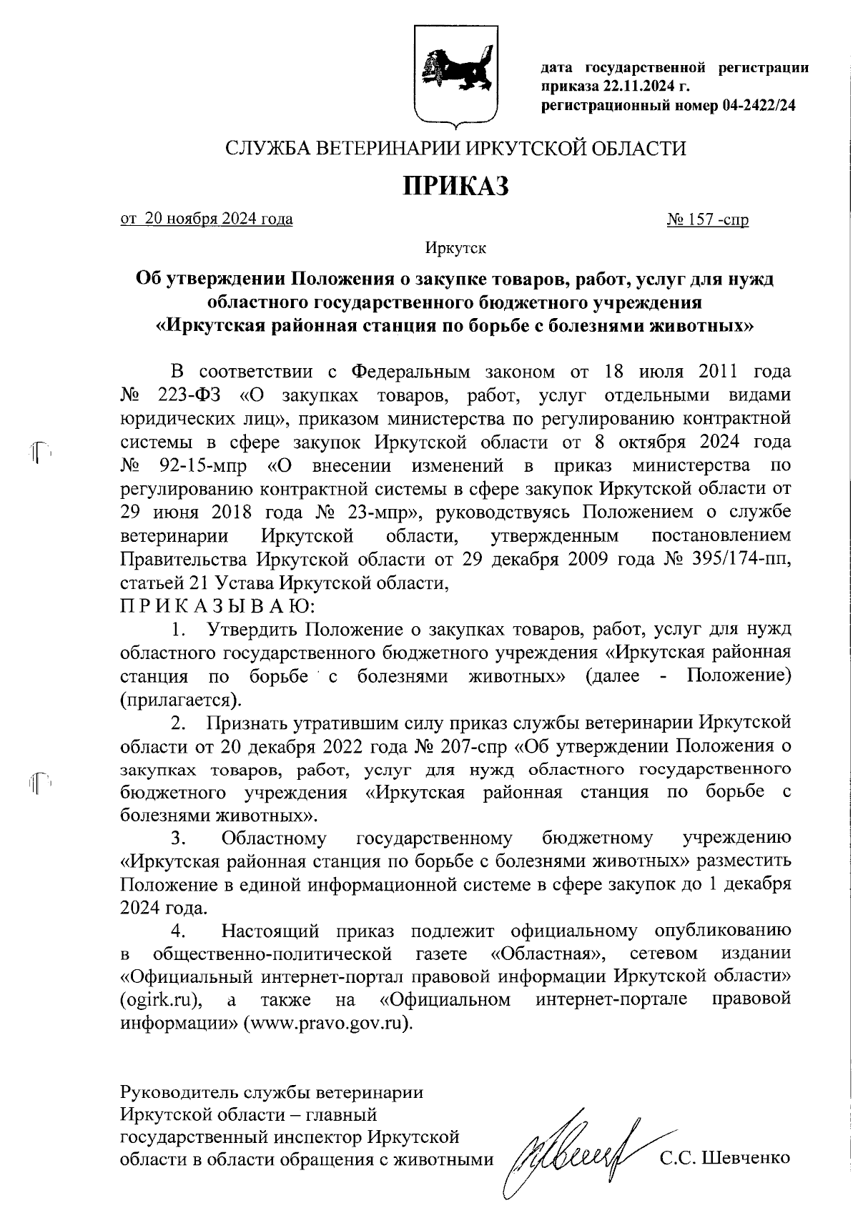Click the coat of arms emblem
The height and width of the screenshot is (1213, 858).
(456, 74)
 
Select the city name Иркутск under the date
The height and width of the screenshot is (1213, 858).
(455, 249)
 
